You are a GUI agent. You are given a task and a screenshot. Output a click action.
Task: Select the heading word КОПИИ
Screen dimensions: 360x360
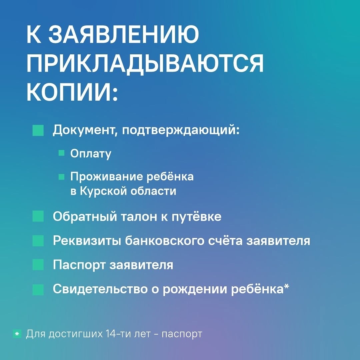(x=72, y=92)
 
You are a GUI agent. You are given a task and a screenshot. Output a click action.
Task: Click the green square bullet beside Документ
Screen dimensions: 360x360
(x=38, y=130)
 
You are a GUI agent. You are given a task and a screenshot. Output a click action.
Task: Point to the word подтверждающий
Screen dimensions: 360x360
(x=180, y=130)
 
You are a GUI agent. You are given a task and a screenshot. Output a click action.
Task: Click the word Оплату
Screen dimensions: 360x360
(x=91, y=154)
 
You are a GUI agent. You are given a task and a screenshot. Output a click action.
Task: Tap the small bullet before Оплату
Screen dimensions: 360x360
(x=62, y=153)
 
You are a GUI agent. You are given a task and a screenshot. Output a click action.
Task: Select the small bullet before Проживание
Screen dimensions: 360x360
(x=62, y=177)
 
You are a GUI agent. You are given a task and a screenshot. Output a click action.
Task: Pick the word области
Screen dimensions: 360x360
(x=153, y=191)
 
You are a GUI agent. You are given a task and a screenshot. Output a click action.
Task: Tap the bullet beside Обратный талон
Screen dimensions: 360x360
(x=38, y=216)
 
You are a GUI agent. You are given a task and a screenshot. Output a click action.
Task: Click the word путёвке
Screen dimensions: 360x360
(x=197, y=217)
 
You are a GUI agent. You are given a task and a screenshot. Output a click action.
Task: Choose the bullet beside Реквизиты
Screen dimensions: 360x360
(x=38, y=241)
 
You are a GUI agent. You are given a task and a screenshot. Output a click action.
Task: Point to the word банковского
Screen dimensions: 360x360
(x=164, y=241)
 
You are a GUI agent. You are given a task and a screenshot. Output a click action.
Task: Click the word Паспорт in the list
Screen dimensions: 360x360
(x=79, y=265)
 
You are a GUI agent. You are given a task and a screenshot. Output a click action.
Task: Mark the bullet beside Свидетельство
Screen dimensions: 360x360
(x=38, y=289)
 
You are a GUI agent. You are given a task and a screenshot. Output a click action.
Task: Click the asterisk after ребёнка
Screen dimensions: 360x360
(x=287, y=287)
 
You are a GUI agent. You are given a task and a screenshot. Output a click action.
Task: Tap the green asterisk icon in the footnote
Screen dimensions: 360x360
(x=17, y=334)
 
